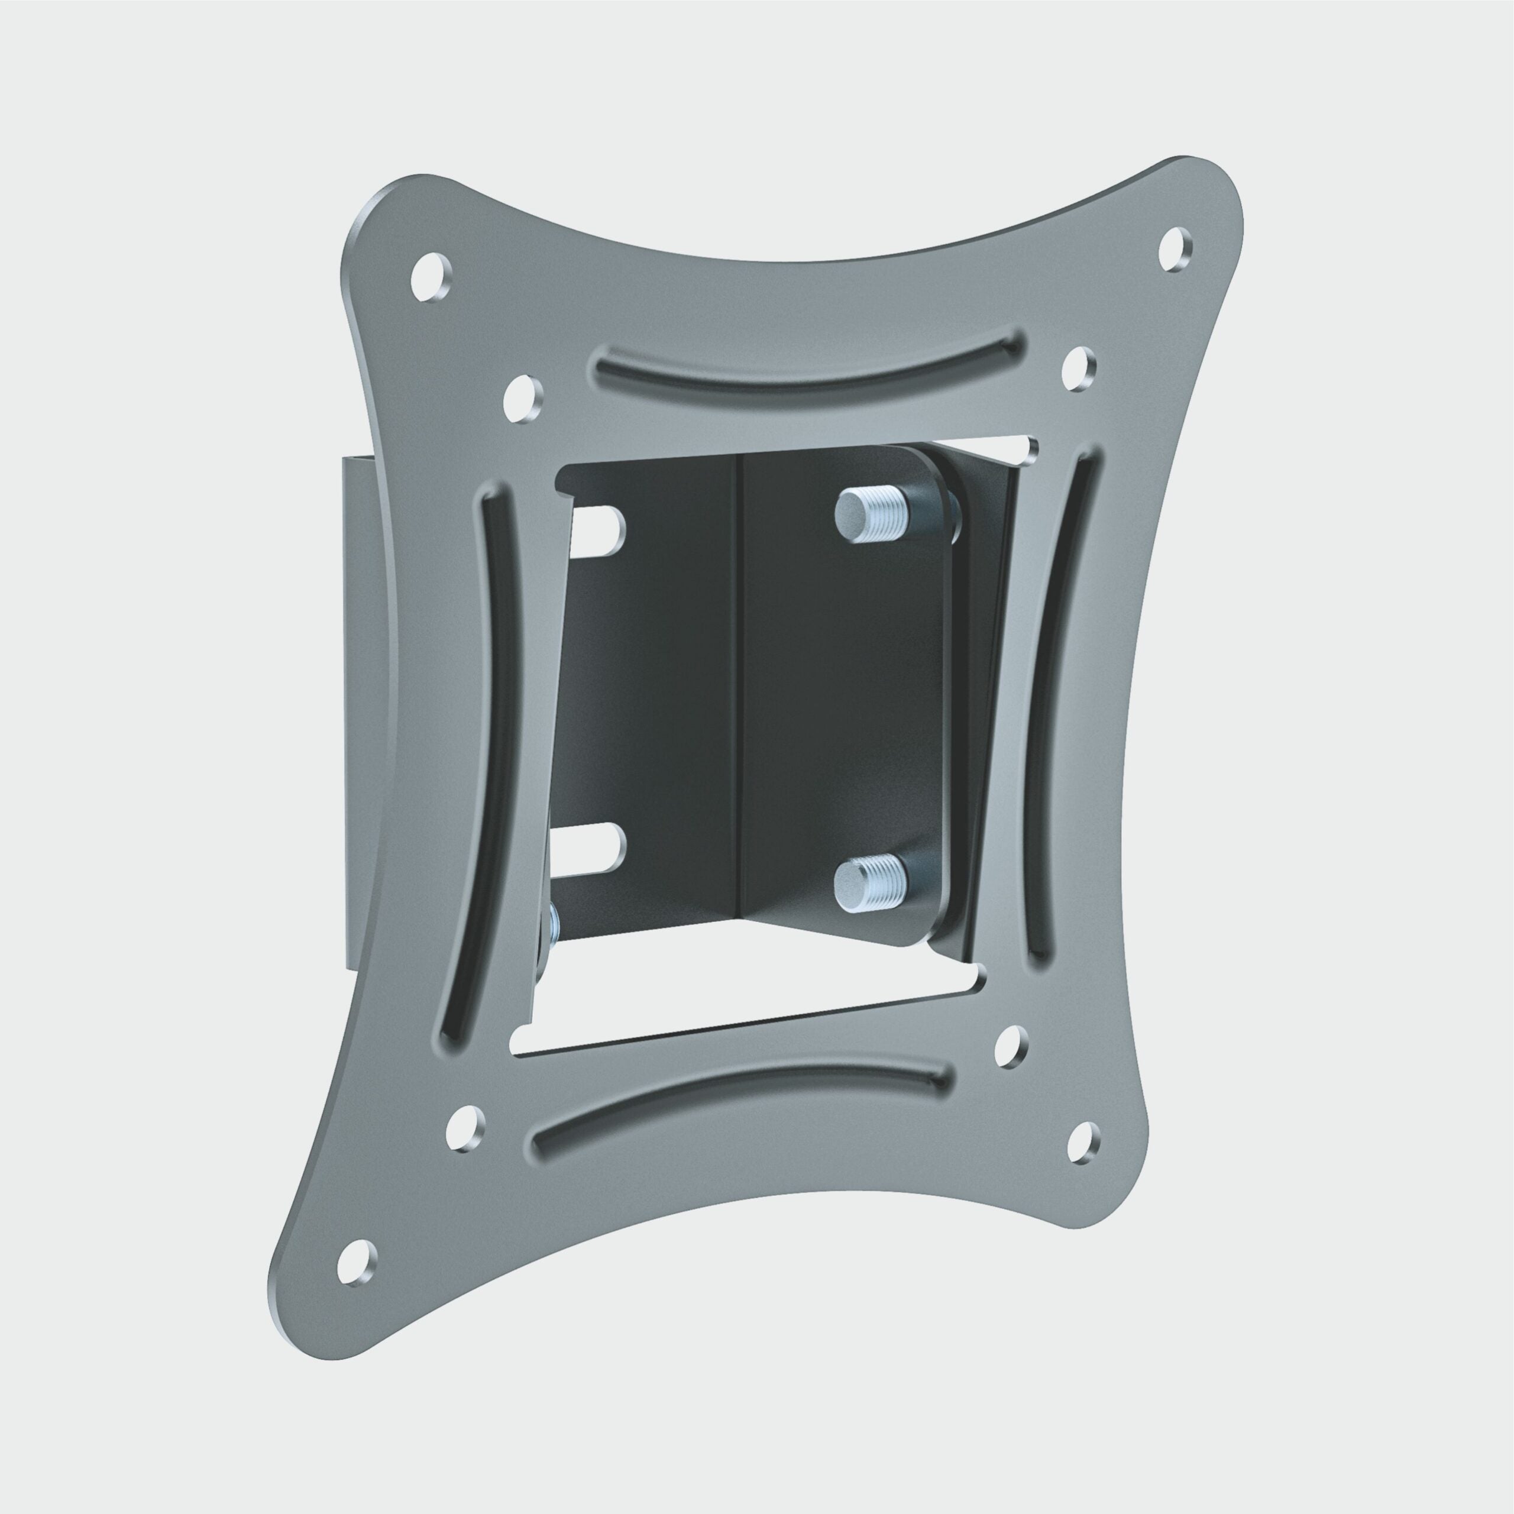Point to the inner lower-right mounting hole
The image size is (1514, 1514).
pos(1013,1048)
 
